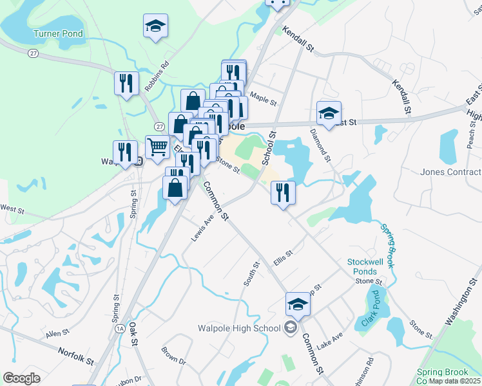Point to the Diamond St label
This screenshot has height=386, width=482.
pos(320,144)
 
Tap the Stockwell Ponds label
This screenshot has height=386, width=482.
pos(365,266)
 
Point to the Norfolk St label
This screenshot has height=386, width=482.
pos(76,353)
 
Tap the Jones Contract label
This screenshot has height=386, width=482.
pos(450,172)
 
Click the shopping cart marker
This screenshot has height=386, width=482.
pos(157,147)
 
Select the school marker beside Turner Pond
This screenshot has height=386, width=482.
pos(155,26)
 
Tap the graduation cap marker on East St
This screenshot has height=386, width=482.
pos(329,114)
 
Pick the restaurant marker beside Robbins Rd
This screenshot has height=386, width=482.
pos(126,83)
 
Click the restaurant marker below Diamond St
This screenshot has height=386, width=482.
pos(283,192)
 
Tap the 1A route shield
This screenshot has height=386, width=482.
pos(120,329)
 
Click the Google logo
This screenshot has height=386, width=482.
pos(21,378)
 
